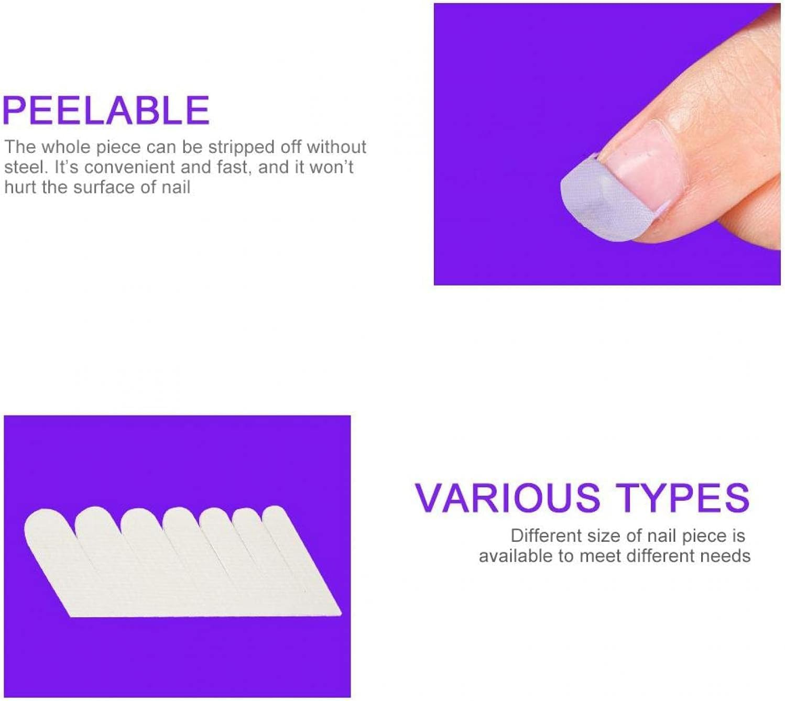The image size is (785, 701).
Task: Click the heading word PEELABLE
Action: tap(106, 110)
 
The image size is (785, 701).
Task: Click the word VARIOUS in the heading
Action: tap(507, 498)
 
